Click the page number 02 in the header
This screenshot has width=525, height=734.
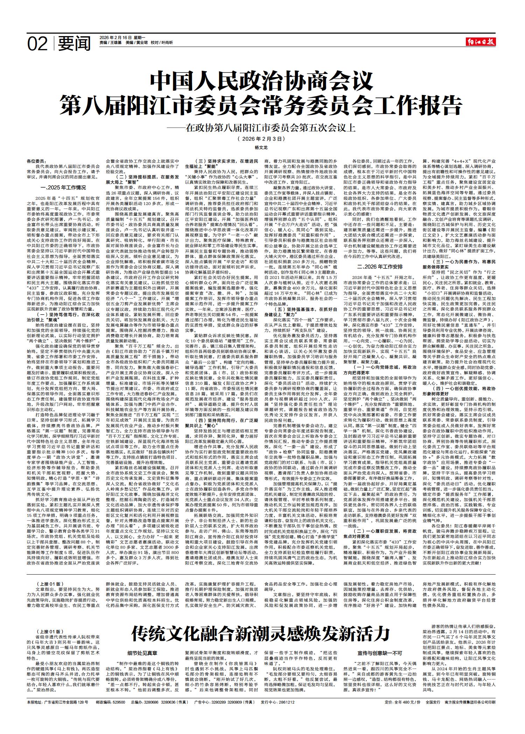click(37, 44)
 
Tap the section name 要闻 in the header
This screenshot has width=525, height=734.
click(74, 44)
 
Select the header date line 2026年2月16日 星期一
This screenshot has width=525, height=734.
click(122, 37)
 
